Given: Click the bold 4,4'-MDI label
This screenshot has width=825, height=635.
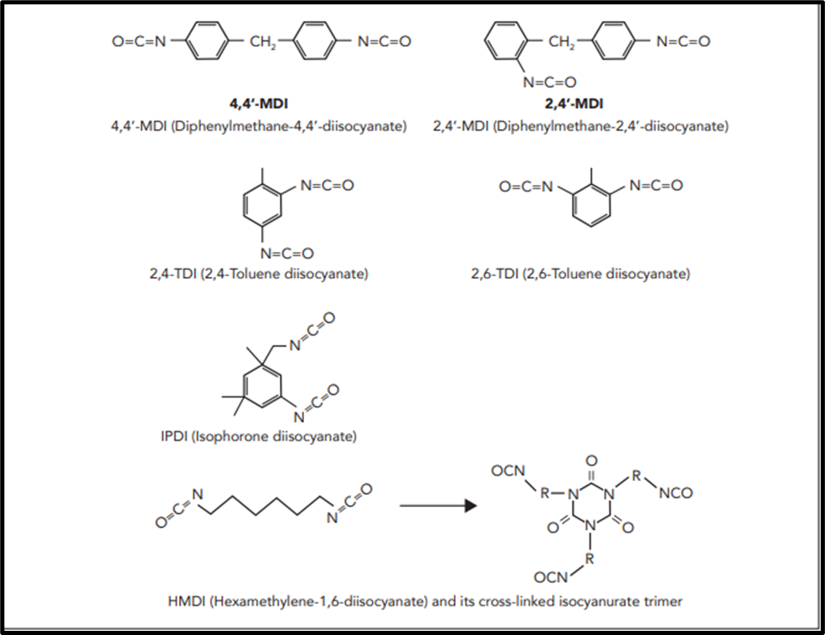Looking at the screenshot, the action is (x=258, y=104).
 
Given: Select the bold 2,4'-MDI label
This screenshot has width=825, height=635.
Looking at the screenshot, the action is (x=574, y=104).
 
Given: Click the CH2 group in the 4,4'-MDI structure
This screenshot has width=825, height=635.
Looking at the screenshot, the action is (x=262, y=42).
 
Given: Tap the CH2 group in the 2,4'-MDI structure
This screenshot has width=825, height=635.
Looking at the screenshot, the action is (x=561, y=42).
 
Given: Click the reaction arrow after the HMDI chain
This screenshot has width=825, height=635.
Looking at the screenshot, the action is (x=438, y=505).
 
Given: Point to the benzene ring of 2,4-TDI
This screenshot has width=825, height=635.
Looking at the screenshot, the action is (x=261, y=206).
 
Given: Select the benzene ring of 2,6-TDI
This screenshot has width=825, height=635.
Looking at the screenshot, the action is (x=591, y=206).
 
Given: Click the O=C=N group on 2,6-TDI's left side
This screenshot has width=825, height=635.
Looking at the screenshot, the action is (x=526, y=186).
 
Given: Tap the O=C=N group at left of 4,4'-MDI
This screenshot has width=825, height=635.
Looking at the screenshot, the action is (x=139, y=42).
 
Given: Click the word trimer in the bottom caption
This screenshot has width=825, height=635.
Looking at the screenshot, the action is (x=663, y=601).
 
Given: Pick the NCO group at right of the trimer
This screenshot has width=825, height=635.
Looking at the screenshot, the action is (x=676, y=493).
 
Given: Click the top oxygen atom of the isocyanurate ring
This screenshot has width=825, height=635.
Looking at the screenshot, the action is (x=591, y=461).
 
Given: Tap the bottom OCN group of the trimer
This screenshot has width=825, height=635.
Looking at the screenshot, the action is (x=551, y=578).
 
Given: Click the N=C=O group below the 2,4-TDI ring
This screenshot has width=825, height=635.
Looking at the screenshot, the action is (x=287, y=253).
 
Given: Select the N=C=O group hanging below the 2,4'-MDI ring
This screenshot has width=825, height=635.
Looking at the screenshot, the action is (x=549, y=82).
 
